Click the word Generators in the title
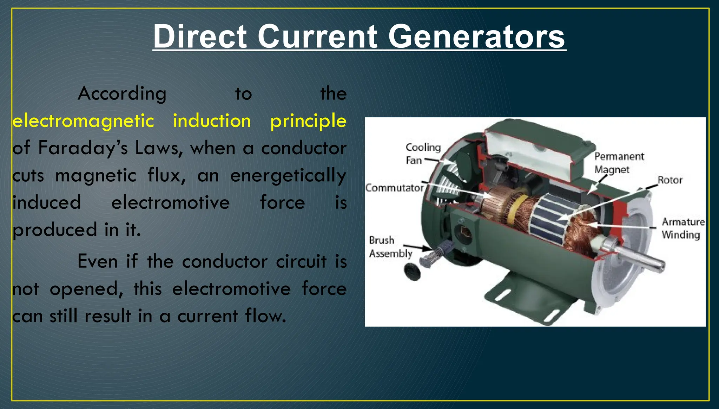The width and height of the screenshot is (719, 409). tap(476, 37)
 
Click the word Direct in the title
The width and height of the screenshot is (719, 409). tap(200, 37)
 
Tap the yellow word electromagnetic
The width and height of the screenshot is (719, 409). tap(83, 121)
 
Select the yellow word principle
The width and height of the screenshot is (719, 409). tap(308, 121)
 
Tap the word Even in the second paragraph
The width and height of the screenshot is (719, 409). tap(97, 262)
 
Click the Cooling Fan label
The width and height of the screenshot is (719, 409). tap(422, 154)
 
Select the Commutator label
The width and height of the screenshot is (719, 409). tap(394, 188)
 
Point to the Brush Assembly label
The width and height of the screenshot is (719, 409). tap(390, 247)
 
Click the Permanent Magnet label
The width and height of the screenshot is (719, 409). tap(619, 163)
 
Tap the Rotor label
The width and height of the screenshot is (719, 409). tap(669, 180)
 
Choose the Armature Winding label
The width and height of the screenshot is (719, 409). tap(683, 228)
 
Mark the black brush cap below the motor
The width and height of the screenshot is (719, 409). tap(412, 271)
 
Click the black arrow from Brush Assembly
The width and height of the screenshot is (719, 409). tap(417, 247)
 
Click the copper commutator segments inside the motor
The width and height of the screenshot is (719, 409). tap(495, 206)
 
